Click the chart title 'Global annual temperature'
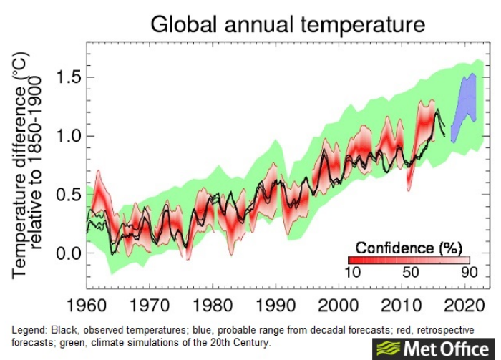click(287, 24)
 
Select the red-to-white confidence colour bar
click(409, 261)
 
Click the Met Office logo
click(433, 348)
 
